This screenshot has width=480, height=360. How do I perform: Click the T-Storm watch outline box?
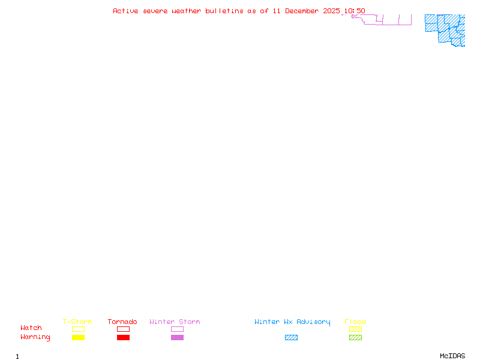pos(78,329)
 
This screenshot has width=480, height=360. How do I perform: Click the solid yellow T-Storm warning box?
pos(78,338)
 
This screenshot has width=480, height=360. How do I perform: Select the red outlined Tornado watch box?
pos(123,329)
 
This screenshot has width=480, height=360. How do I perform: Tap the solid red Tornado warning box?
pos(123,338)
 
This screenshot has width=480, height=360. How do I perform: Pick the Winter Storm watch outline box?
pos(177,329)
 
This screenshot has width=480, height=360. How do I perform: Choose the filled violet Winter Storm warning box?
pos(177,338)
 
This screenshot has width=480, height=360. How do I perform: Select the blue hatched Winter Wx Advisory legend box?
pos(291,338)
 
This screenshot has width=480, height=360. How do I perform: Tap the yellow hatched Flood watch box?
pos(355,329)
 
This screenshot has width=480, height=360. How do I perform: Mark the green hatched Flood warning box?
pos(355,338)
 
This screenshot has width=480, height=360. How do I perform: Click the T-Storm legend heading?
pos(77,322)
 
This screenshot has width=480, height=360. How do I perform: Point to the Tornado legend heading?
pos(122,322)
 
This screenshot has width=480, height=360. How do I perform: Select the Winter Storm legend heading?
pos(175,322)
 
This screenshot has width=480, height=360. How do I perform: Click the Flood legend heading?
pos(355,322)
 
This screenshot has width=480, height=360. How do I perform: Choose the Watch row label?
pos(31,328)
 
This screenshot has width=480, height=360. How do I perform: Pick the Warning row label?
pos(35,337)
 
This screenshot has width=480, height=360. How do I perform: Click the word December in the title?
pos(305,11)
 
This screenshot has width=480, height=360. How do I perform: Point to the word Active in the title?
pos(125,11)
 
